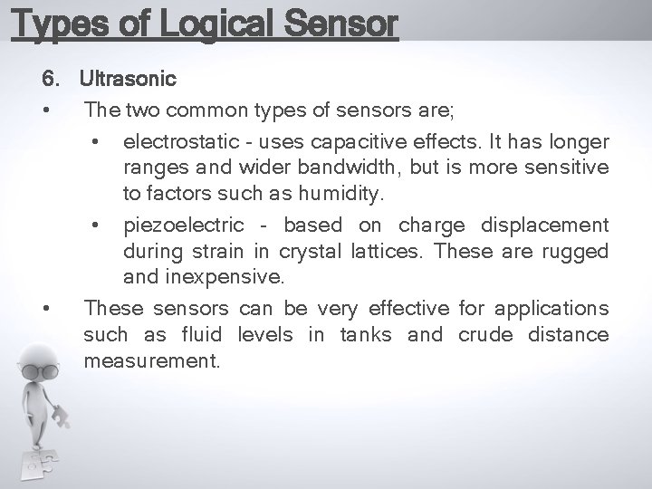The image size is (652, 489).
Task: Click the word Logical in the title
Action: point(223,24)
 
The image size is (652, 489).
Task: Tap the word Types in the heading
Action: point(57,24)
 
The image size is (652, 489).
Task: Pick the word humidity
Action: point(343,193)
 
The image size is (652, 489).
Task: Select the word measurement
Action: point(151,360)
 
